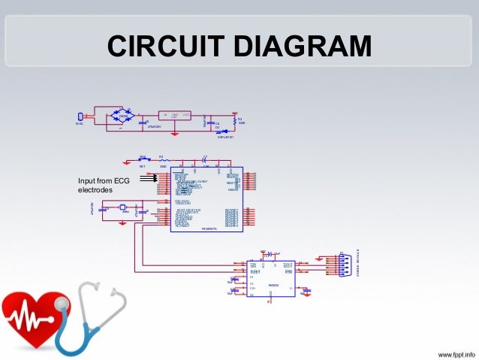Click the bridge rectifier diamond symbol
(x=121, y=116)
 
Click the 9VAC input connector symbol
(x=80, y=116)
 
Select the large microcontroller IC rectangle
(x=205, y=198)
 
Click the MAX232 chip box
(x=270, y=278)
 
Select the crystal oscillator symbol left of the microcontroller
(x=110, y=210)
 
